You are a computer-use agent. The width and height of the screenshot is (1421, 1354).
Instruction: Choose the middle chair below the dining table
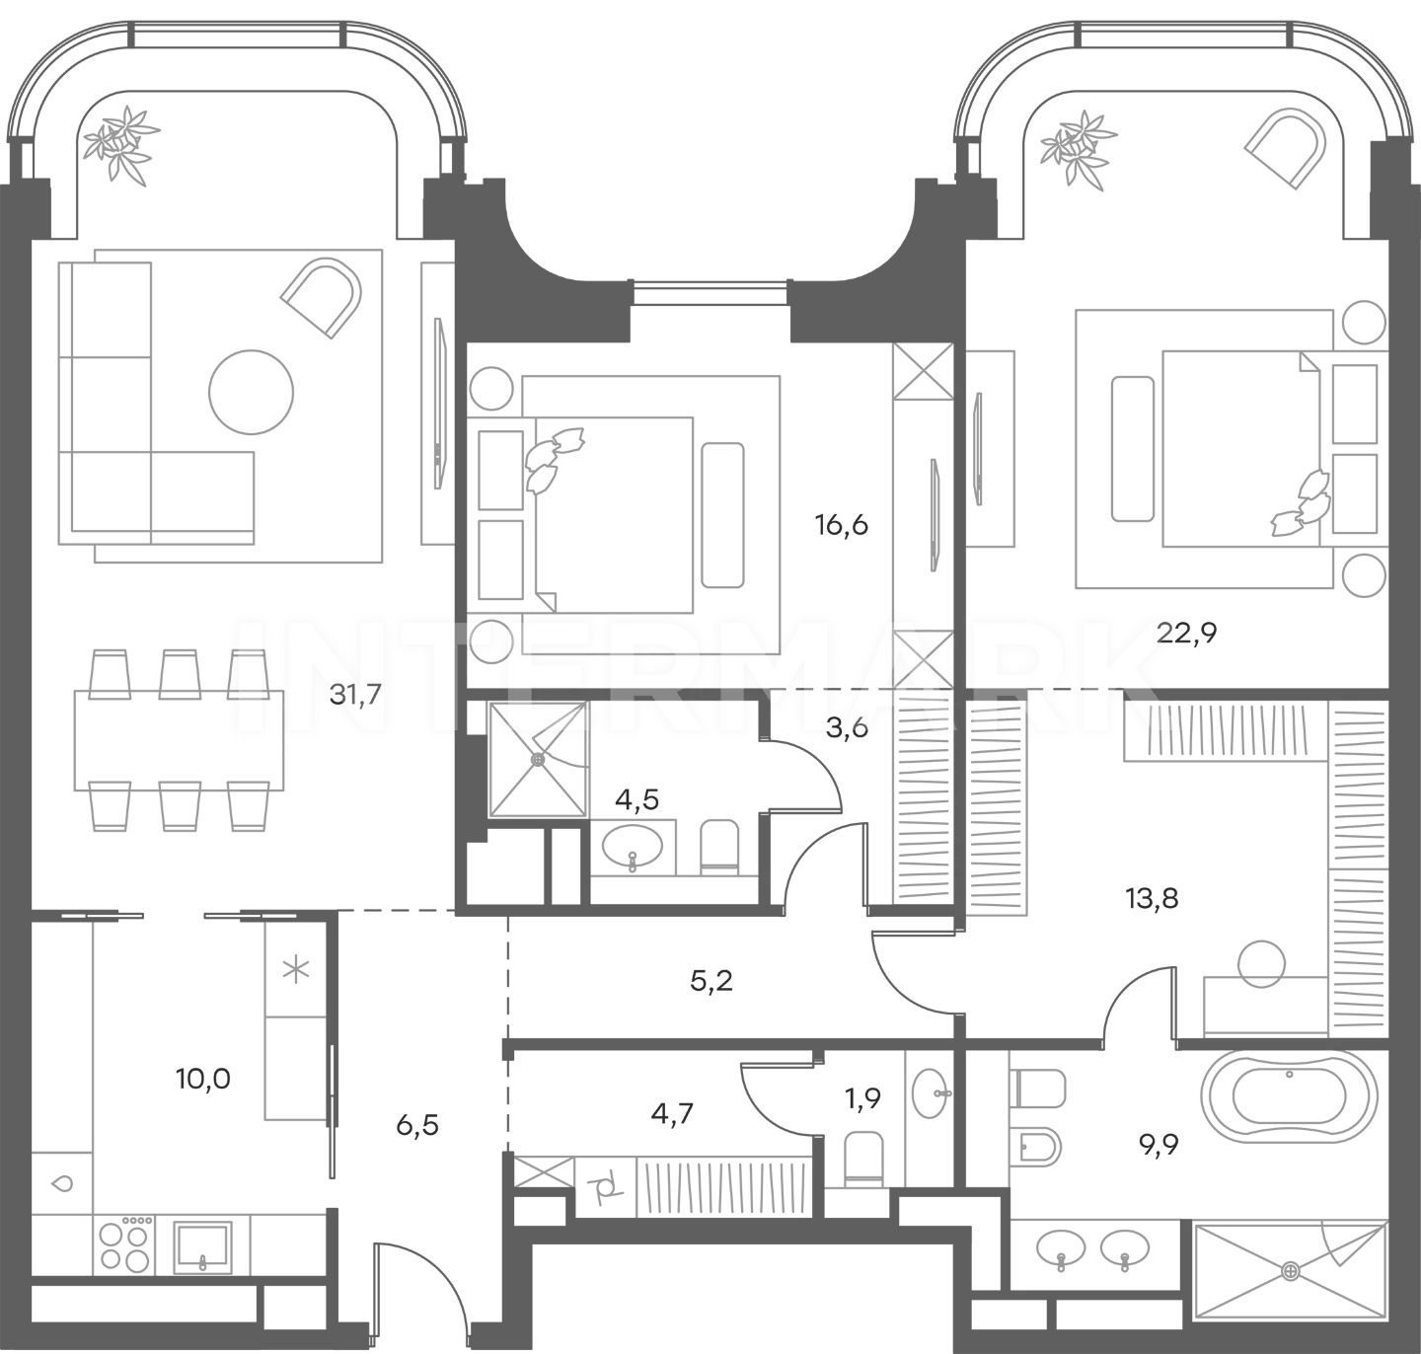(x=176, y=811)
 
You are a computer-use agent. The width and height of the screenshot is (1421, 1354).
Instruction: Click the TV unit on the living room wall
(x=434, y=400)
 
